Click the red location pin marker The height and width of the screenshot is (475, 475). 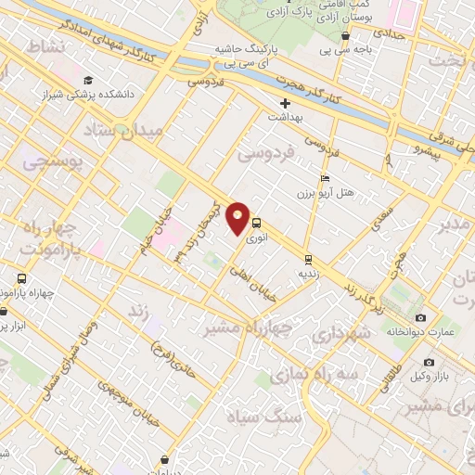238,218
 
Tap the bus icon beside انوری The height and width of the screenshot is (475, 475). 257,223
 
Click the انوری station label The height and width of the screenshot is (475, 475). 259,237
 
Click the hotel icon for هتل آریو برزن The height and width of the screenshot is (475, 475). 324,178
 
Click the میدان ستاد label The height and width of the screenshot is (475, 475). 122,130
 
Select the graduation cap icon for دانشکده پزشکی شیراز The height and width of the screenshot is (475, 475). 88,79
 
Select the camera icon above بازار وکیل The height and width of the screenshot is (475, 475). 428,362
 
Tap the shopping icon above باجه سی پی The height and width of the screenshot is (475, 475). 345,37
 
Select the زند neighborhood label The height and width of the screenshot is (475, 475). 138,313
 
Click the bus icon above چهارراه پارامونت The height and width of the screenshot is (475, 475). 21,277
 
